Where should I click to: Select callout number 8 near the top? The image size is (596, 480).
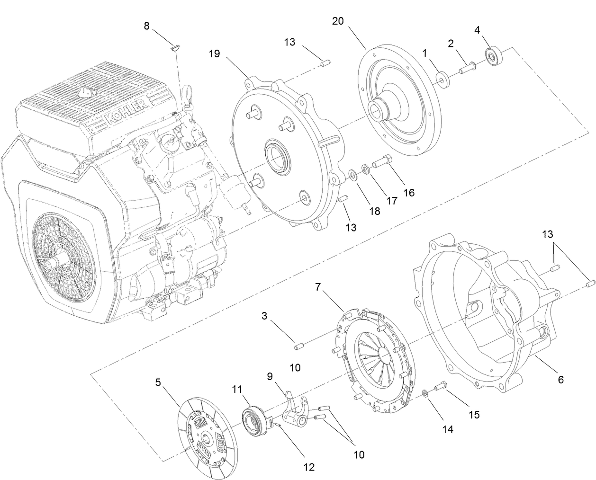[147, 26]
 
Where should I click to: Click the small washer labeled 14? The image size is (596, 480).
[425, 392]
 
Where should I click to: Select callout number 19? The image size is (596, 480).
[214, 53]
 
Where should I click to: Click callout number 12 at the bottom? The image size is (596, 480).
[308, 467]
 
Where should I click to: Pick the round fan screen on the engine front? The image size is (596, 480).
[63, 256]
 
